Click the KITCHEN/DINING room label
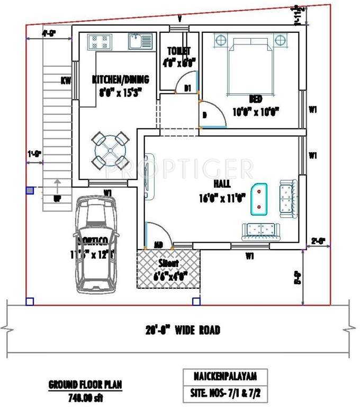120,79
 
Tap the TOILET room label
179,51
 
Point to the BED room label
256,99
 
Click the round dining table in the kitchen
109,151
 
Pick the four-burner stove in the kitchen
99,41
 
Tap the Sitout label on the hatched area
168,263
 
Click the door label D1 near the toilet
187,88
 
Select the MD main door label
158,245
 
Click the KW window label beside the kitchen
66,81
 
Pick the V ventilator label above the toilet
179,19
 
